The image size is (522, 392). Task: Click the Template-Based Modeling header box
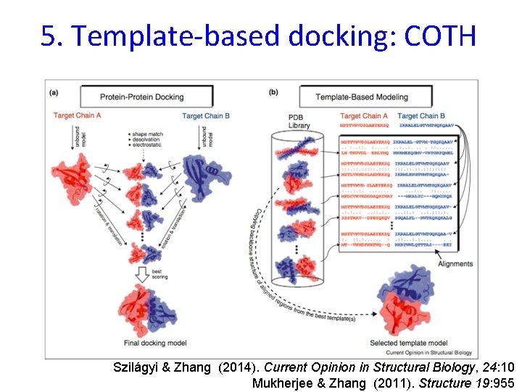[361, 97]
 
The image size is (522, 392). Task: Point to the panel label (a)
[54, 92]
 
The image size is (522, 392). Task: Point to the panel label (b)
[273, 92]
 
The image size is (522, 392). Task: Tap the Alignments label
[455, 264]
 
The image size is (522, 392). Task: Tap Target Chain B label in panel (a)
[207, 116]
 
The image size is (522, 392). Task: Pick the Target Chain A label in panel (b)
[364, 116]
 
